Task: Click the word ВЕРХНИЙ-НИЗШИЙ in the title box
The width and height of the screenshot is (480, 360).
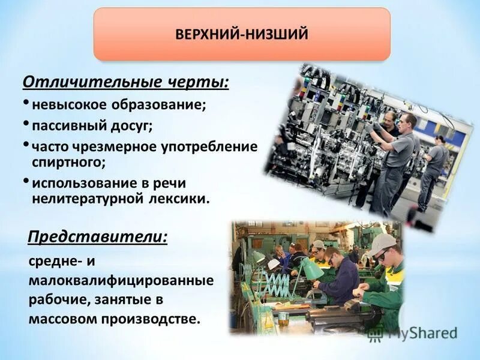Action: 242,34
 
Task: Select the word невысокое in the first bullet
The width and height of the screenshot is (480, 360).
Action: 67,104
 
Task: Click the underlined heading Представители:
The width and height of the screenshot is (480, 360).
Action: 97,237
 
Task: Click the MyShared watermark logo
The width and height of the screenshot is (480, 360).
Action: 414,333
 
